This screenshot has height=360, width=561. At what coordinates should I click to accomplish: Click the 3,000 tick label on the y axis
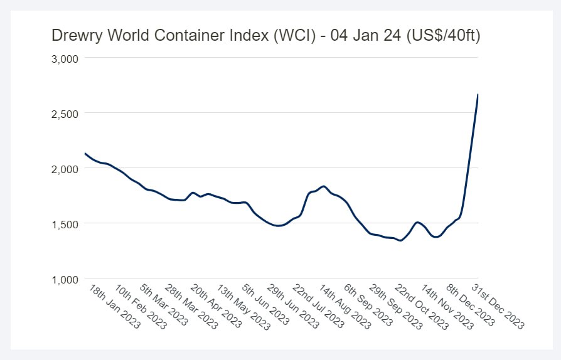[63, 58]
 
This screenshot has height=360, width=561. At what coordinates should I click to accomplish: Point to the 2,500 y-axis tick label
[63, 114]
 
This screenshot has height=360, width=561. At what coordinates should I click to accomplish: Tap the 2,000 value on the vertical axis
[63, 169]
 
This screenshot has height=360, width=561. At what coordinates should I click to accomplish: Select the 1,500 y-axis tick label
[63, 224]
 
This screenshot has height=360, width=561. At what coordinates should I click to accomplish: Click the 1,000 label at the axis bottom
[63, 279]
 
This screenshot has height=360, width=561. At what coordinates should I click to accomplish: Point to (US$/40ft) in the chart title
[443, 36]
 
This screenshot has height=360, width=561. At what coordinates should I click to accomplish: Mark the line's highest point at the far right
[478, 95]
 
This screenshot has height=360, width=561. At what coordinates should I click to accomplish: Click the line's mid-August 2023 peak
[323, 186]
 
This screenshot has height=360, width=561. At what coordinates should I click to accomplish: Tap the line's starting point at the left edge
[85, 154]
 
